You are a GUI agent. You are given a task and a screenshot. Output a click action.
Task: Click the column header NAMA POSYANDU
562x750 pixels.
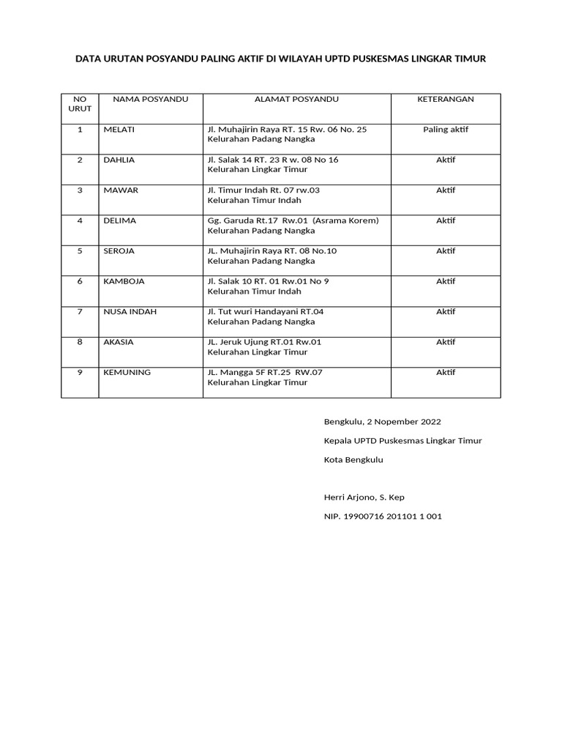pyautogui.click(x=146, y=99)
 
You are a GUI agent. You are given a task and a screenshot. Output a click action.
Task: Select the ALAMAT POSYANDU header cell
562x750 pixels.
pyautogui.click(x=296, y=99)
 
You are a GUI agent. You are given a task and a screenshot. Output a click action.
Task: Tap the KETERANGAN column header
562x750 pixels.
pyautogui.click(x=446, y=99)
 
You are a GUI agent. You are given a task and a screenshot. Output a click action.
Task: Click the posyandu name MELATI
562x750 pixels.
pyautogui.click(x=119, y=130)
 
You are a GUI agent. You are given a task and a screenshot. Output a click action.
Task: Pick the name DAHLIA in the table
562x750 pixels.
pyautogui.click(x=120, y=160)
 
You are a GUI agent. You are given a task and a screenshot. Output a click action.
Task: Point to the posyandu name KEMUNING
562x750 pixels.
pyautogui.click(x=127, y=372)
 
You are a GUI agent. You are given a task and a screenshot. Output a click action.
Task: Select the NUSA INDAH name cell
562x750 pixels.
pyautogui.click(x=130, y=311)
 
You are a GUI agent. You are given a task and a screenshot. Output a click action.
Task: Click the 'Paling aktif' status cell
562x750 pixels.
pyautogui.click(x=446, y=130)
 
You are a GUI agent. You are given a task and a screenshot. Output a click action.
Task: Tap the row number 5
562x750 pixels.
pyautogui.click(x=80, y=250)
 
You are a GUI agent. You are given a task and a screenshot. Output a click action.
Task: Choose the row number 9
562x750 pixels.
pyautogui.click(x=80, y=372)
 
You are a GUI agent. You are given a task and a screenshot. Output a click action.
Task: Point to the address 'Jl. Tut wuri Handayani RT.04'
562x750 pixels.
pyautogui.click(x=266, y=311)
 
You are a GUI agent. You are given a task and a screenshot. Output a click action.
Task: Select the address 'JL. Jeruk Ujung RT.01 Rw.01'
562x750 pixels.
pyautogui.click(x=265, y=341)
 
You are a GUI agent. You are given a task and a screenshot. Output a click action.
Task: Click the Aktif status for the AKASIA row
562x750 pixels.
pyautogui.click(x=446, y=341)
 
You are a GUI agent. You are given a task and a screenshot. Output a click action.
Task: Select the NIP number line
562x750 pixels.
pyautogui.click(x=383, y=516)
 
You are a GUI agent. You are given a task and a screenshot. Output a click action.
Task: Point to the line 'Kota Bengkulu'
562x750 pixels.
pyautogui.click(x=353, y=460)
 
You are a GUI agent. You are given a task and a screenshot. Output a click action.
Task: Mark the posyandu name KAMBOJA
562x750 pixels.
pyautogui.click(x=124, y=281)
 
